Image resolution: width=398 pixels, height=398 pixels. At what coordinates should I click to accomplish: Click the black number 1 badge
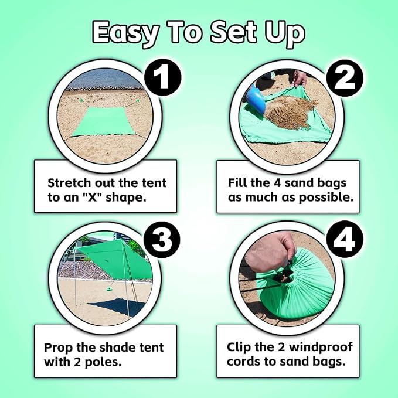coord(162,77)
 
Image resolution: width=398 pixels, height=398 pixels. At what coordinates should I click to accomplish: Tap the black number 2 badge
coord(345,78)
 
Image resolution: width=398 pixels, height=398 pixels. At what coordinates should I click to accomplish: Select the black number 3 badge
coord(162,240)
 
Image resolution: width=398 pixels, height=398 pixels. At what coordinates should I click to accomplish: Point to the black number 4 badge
coord(345,239)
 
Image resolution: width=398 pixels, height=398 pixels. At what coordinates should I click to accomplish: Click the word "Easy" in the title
coord(125,33)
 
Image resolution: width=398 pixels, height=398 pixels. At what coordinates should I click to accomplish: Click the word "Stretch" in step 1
coord(69,183)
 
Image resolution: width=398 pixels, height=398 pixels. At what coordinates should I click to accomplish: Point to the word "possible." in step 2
coord(326,198)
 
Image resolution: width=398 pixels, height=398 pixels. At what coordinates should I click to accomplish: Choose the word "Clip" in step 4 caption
coord(239,347)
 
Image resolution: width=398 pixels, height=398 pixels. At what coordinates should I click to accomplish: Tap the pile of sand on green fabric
coord(290,110)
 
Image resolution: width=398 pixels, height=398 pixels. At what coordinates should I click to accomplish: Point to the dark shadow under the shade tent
coord(117,307)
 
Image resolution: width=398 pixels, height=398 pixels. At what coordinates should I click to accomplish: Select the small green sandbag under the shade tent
coord(110,288)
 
